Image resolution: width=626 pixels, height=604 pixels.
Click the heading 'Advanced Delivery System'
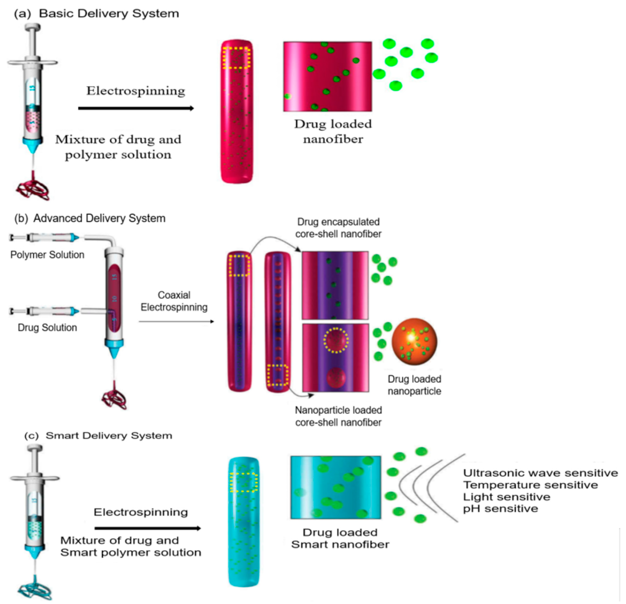click(x=99, y=218)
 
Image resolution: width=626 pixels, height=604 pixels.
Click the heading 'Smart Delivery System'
click(x=109, y=436)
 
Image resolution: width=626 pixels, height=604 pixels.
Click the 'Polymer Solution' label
click(x=47, y=255)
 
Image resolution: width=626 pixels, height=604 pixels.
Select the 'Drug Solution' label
click(x=47, y=328)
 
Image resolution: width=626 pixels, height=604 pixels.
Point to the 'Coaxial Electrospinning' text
click(x=174, y=301)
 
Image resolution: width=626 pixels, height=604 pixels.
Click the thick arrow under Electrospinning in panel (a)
click(x=136, y=109)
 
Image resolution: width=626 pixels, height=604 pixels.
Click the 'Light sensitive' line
click(x=506, y=497)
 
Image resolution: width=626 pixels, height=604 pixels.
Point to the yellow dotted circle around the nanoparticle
click(x=336, y=340)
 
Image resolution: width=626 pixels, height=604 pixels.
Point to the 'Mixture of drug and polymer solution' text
click(x=118, y=147)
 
